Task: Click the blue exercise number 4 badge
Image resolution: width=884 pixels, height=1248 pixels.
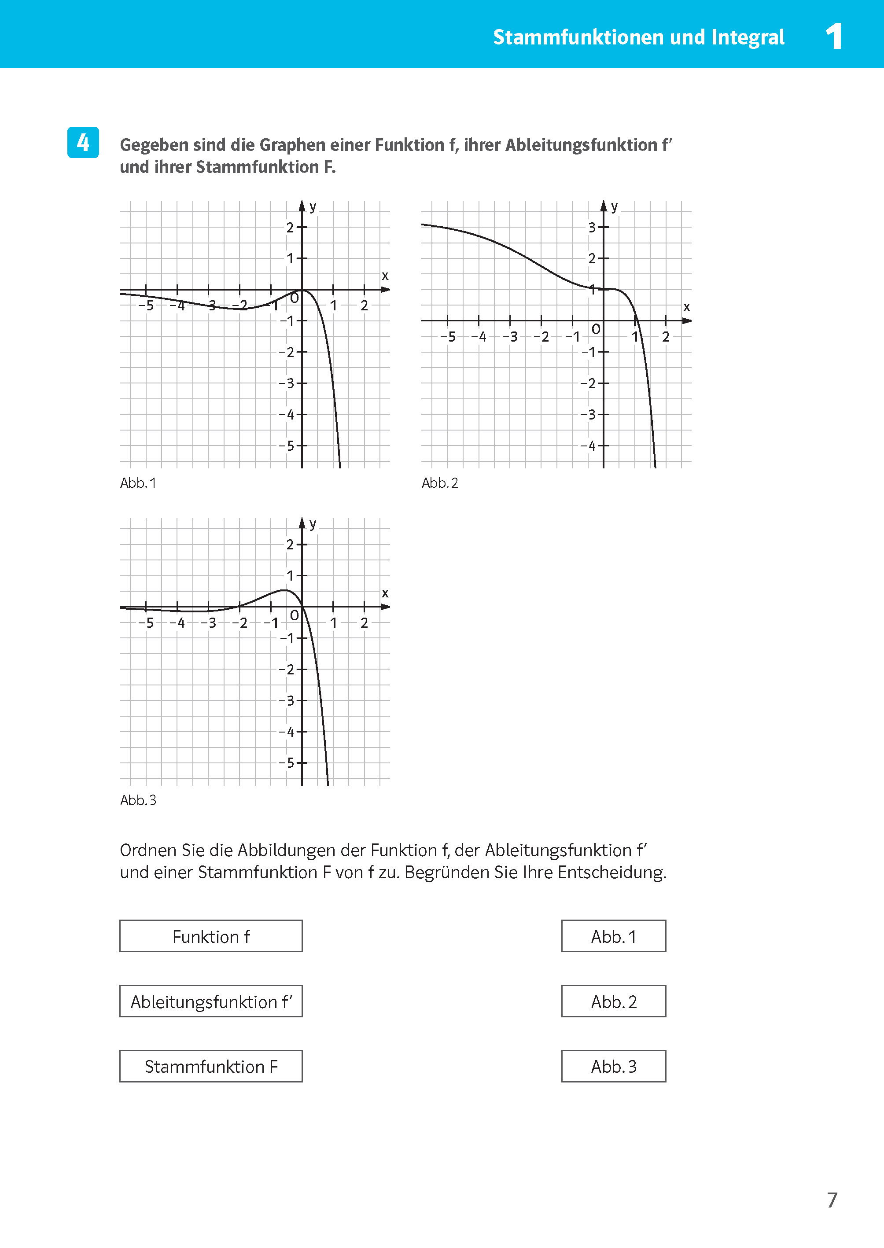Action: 83,143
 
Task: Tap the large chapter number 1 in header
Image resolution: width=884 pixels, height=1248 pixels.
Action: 833,37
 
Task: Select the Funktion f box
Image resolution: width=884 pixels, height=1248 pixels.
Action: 211,936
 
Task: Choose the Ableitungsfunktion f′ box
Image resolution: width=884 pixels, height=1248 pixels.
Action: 211,1001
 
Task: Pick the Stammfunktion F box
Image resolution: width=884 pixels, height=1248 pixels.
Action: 211,1066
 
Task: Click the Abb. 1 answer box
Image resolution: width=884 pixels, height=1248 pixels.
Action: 613,936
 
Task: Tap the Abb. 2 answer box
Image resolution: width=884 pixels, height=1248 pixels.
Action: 613,1001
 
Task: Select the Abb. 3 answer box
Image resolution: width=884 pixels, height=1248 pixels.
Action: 613,1066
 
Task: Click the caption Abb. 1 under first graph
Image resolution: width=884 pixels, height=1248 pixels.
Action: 138,483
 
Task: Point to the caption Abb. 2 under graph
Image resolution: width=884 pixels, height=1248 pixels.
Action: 440,483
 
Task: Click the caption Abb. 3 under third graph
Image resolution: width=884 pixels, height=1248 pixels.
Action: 138,800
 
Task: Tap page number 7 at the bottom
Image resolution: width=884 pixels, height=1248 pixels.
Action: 832,1200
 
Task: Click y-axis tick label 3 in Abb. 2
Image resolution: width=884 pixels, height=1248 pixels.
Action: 591,228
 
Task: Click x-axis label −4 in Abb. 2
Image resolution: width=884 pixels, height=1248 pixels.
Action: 479,337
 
